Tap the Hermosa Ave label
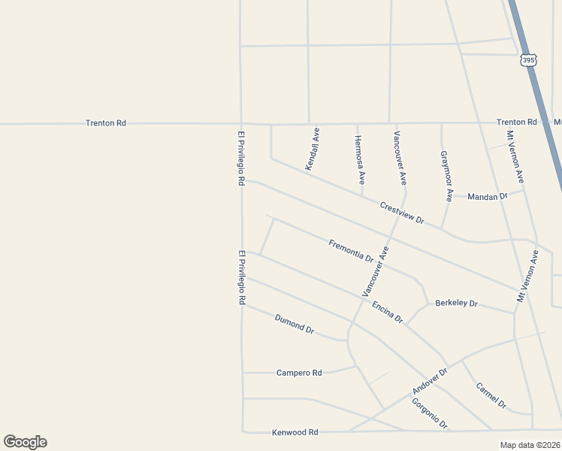pos(360,160)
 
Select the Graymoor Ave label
pos(446,176)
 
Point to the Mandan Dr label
pos(488,196)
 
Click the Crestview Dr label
pos(402,213)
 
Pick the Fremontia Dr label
pos(351,250)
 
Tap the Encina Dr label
pos(387,312)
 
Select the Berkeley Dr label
pos(456,304)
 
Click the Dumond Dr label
pos(294,325)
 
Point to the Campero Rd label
pos(298,373)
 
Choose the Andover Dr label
pos(430,382)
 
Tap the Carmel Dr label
pos(491,395)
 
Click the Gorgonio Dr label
pos(430,413)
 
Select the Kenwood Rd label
pos(295,432)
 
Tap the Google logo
pos(25,442)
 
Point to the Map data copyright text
pos(529,445)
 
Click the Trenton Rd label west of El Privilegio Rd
pos(105,123)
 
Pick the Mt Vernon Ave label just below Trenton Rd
pos(515,157)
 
